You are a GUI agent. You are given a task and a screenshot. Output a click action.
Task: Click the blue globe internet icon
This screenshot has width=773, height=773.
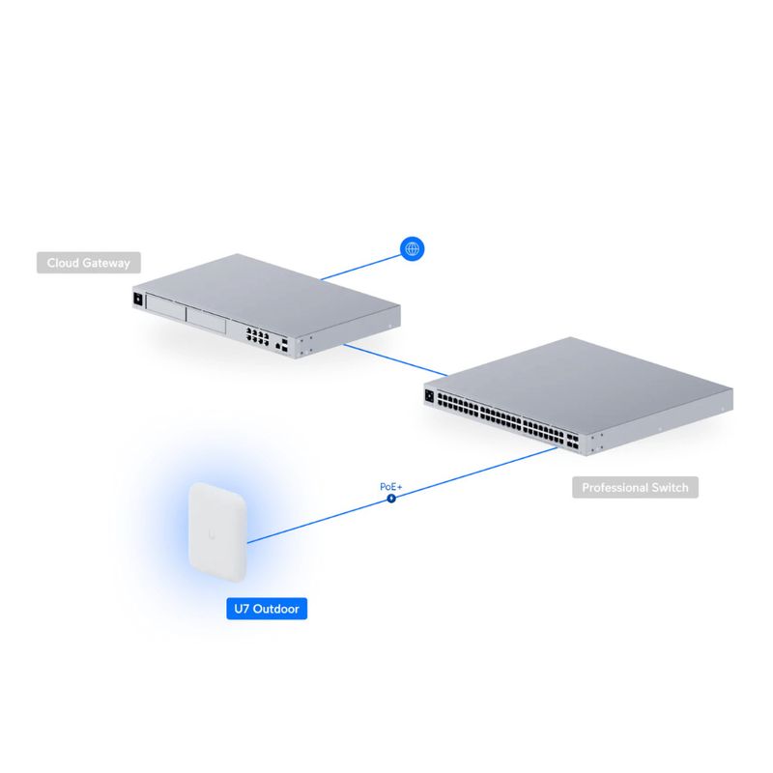[x=413, y=249]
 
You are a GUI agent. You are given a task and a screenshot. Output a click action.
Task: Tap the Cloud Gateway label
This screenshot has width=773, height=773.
[x=89, y=263]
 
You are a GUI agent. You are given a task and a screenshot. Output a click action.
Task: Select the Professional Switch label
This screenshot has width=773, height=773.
[x=635, y=487]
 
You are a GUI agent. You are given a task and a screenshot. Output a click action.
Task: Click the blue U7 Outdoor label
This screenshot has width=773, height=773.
[x=266, y=610]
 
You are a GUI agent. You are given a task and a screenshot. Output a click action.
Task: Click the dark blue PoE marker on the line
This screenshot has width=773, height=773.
[x=390, y=499]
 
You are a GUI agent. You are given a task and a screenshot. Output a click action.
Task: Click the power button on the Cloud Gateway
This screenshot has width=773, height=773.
[x=138, y=300]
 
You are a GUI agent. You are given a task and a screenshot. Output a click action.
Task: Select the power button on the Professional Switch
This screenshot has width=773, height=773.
[x=428, y=394]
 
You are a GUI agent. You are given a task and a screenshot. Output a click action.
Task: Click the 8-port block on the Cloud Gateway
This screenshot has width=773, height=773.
[x=257, y=334]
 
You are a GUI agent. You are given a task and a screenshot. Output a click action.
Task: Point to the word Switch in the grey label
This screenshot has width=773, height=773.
[x=668, y=487]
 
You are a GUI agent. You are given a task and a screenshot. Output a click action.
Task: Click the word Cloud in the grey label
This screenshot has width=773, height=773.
[x=65, y=263]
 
